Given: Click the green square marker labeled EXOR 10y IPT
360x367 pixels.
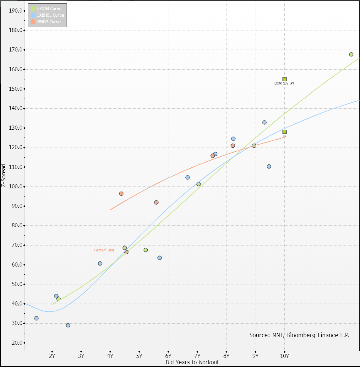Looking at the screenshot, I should tap(284, 79).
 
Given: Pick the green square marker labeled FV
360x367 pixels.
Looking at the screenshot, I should tap(284, 132).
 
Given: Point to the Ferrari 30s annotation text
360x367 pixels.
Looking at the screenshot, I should tap(104, 250).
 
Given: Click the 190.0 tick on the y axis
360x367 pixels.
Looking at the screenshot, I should tap(16, 11).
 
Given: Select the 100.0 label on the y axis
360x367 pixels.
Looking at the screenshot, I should tap(16, 186).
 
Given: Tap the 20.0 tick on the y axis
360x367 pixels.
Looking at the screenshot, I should tap(17, 343).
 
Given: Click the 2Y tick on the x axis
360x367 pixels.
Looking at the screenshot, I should tap(52, 356).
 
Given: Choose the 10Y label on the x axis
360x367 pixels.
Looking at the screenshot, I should tap(284, 356).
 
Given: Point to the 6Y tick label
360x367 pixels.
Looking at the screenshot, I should tap(168, 356).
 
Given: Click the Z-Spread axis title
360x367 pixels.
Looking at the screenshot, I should tap(4, 175).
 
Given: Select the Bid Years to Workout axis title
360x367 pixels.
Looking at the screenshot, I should tap(192, 362).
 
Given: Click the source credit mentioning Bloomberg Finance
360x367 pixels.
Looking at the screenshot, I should tap(299, 335).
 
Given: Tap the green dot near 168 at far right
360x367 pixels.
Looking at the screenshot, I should tap(351, 54).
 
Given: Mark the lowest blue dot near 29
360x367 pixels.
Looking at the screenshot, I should tap(68, 325).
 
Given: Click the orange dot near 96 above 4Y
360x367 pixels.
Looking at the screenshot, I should tap(121, 194).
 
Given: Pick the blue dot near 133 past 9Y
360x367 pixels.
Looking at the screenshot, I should tap(264, 122).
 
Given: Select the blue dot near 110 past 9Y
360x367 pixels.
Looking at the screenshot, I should tap(269, 166).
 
